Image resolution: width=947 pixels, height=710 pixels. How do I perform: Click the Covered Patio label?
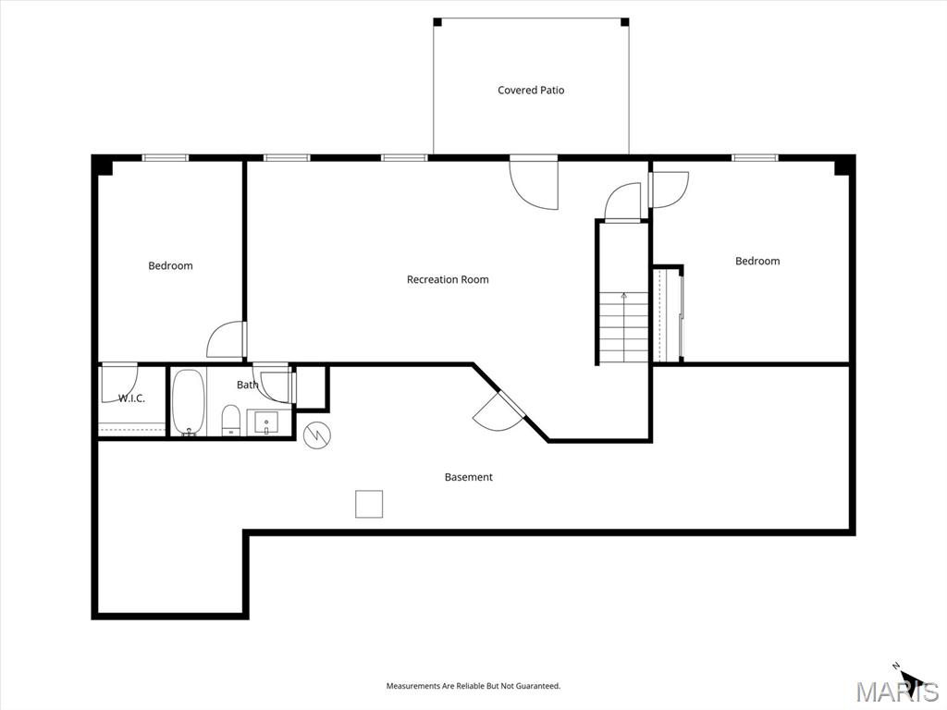point(531,90)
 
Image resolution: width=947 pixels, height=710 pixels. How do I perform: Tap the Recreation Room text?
point(448,279)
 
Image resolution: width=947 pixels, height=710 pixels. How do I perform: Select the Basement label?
point(469,477)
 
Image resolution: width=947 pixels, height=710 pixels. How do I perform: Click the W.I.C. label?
point(131,398)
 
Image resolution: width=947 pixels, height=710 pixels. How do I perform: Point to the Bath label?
point(247,385)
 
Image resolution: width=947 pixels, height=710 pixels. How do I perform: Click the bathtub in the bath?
point(189,402)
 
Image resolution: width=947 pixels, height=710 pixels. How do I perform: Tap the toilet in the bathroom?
point(231,421)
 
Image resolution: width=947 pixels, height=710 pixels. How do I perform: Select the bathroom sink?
point(266,422)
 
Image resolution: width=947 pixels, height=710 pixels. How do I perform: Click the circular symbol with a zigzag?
point(317,435)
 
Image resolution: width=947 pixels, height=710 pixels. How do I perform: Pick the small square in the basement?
point(369,504)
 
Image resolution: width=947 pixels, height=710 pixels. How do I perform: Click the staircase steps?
point(624,326)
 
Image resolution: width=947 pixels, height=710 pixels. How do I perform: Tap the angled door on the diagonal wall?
point(498,411)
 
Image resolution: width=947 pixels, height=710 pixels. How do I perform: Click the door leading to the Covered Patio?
point(534,183)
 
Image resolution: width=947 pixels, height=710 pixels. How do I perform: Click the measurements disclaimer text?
point(473,686)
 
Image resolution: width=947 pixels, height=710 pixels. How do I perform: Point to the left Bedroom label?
point(171,265)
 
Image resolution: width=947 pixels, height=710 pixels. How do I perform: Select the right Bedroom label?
point(757,261)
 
